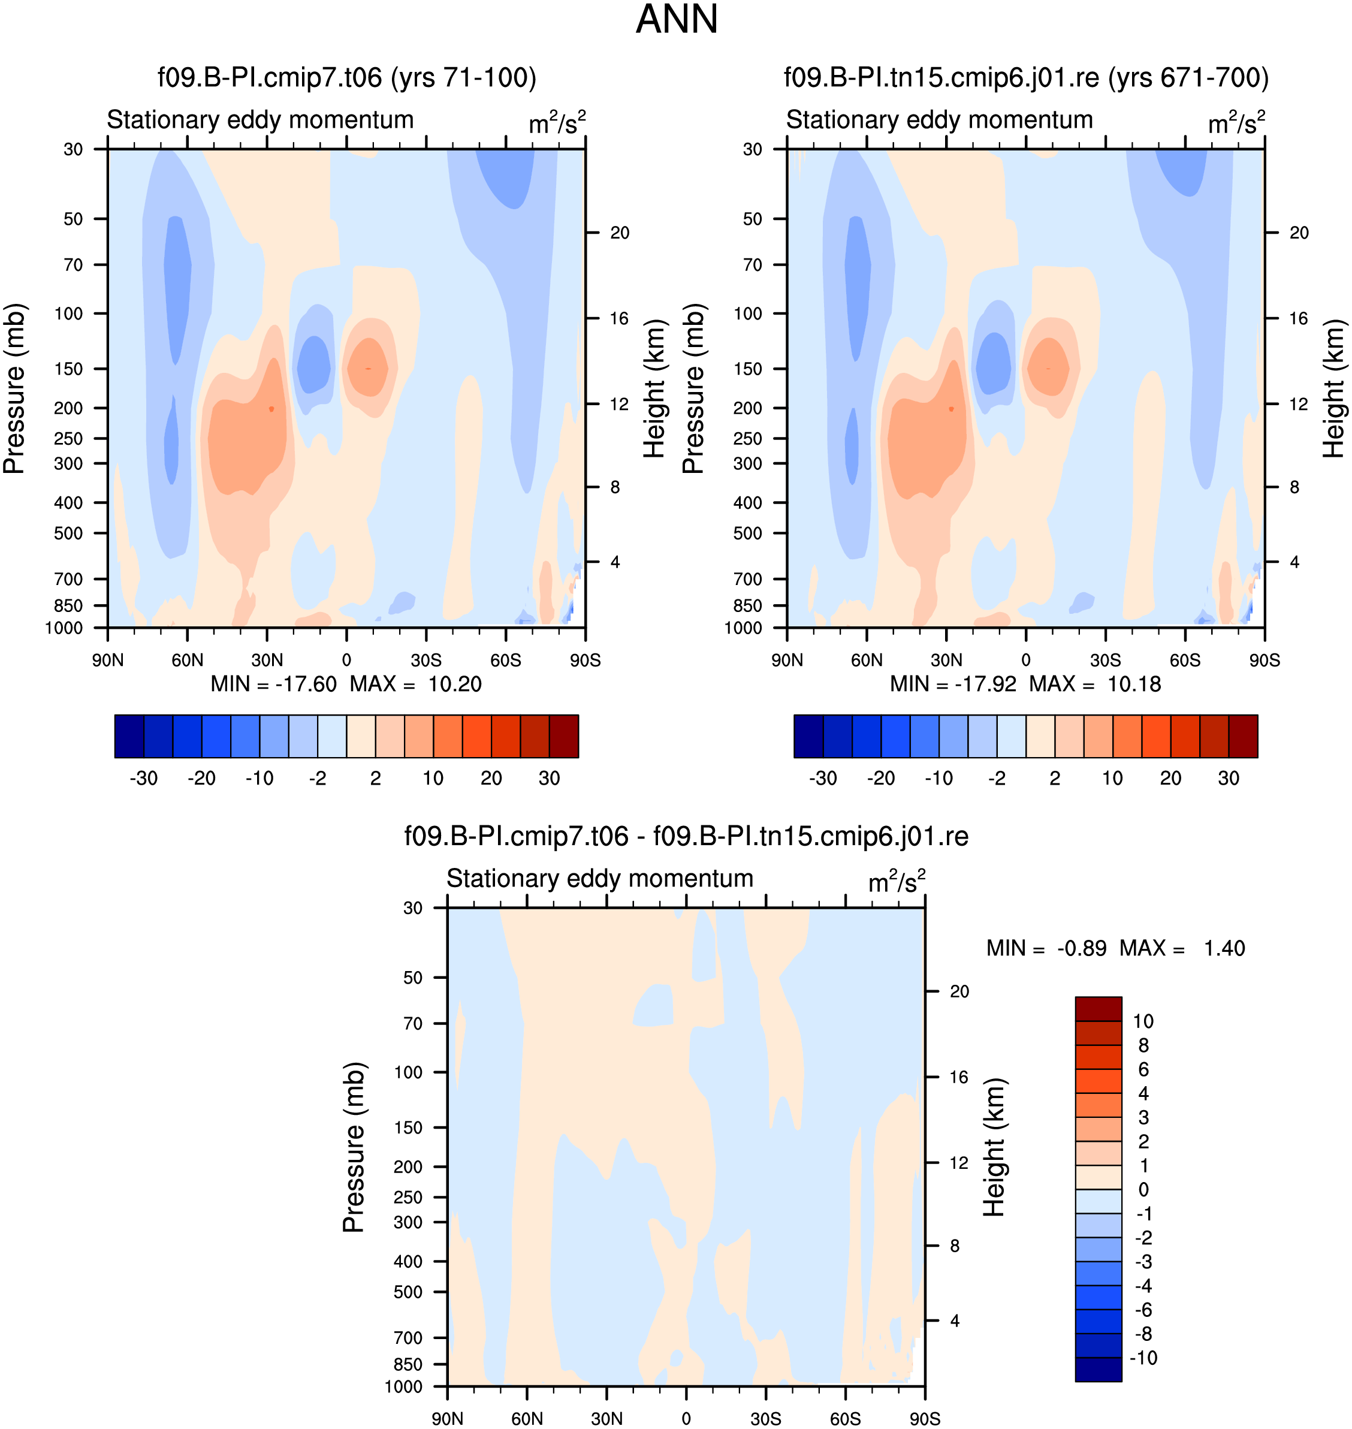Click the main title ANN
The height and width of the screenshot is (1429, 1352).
pyautogui.click(x=676, y=19)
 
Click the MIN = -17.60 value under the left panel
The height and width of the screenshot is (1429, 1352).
pyautogui.click(x=273, y=683)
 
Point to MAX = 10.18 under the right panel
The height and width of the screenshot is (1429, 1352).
pyautogui.click(x=1095, y=683)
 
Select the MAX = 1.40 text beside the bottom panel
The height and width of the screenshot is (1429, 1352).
pyautogui.click(x=1182, y=948)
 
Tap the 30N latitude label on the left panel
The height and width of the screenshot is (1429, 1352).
pyautogui.click(x=267, y=661)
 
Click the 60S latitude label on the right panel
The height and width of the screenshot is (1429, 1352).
pyautogui.click(x=1185, y=661)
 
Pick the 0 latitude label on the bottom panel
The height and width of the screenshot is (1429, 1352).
pyautogui.click(x=686, y=1419)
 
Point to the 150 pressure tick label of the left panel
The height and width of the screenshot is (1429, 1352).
pyautogui.click(x=68, y=369)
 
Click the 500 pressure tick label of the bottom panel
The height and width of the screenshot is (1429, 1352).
pyautogui.click(x=408, y=1292)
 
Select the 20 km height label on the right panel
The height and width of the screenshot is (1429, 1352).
pyautogui.click(x=1299, y=233)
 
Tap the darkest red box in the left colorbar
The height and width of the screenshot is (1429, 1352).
pyautogui.click(x=563, y=736)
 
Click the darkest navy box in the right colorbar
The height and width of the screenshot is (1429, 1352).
pyautogui.click(x=808, y=736)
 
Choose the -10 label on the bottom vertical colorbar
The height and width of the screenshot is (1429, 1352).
pyautogui.click(x=1143, y=1358)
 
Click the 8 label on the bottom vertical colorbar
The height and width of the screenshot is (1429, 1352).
pyautogui.click(x=1143, y=1045)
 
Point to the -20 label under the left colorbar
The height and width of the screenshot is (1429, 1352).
pyautogui.click(x=201, y=779)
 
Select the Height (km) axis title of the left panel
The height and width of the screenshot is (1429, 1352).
pyautogui.click(x=654, y=388)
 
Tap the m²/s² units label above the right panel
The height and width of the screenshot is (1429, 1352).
pyautogui.click(x=1236, y=122)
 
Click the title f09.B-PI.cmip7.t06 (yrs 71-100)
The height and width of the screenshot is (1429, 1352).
pyautogui.click(x=346, y=77)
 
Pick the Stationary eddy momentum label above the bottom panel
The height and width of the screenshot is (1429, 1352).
pyautogui.click(x=600, y=878)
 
